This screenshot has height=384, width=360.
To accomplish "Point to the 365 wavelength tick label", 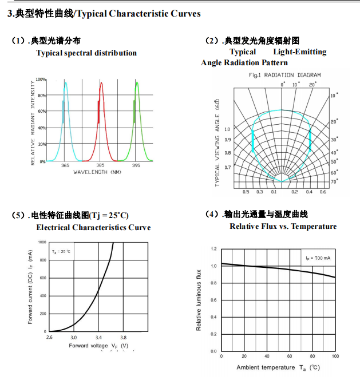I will (x=65, y=165).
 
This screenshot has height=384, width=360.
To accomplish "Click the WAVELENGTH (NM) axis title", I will (x=97, y=172).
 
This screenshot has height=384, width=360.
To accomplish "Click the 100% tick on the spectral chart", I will (x=41, y=79).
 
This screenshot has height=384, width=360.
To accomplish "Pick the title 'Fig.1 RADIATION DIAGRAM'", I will (x=284, y=75).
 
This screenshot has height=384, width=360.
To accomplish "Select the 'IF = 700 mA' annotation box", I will (x=318, y=258).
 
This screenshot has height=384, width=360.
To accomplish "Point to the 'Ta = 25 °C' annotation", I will (x=61, y=251).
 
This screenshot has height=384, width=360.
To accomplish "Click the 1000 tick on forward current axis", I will (x=42, y=242).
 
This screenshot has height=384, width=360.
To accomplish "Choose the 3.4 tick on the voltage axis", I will (x=98, y=338).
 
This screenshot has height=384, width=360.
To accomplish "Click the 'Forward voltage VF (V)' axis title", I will (x=98, y=346).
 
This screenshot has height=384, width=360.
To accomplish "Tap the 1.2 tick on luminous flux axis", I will (x=213, y=249).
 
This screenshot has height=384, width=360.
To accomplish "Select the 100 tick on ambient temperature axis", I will (x=335, y=357).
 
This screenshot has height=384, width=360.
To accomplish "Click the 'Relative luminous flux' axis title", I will (x=199, y=299).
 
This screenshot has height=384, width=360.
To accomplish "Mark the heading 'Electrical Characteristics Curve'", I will (x=93, y=227).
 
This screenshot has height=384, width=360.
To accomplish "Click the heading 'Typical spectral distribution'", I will (x=86, y=53).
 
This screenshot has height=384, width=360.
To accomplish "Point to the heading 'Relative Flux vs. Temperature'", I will (x=283, y=226).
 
